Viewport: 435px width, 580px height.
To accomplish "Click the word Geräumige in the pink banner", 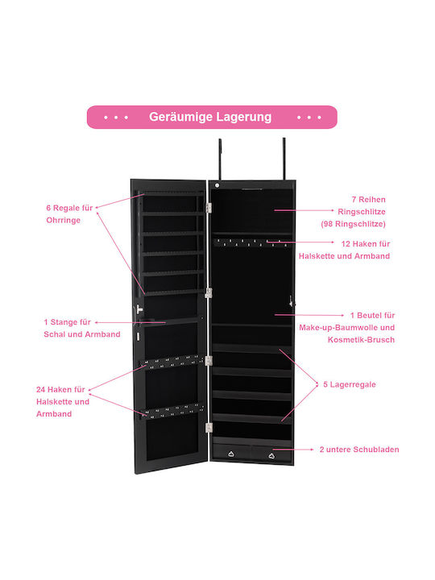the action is point(181,118).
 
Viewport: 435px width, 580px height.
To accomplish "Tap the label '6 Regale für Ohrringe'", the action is point(69,213).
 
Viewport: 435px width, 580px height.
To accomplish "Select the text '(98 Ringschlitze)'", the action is point(354,224).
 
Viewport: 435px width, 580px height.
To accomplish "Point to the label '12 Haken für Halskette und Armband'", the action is point(345,250).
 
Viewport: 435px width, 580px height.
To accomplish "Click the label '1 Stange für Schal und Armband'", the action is point(81,328).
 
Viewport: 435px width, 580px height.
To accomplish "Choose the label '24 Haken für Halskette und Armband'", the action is point(63,401).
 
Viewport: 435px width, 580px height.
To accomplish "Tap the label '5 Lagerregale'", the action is point(350,384).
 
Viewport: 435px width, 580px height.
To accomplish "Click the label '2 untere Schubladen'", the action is point(359,449).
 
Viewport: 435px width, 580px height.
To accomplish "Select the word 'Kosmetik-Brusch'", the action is point(361,340).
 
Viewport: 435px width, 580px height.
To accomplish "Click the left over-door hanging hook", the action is point(220,159).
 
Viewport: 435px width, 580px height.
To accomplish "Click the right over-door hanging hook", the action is point(284,159).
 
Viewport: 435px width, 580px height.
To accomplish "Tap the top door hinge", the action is point(209,208).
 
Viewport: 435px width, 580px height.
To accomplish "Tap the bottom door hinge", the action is point(209,428).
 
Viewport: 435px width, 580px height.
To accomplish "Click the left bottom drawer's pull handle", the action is point(231,454).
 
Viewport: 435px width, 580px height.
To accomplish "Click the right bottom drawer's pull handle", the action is point(271,456).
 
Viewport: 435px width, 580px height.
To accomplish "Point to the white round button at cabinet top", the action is point(217,185).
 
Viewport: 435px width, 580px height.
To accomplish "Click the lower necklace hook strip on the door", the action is point(173,411).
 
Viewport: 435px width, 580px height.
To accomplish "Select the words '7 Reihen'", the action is point(368,200).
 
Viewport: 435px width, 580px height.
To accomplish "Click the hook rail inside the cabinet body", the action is point(251,242).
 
